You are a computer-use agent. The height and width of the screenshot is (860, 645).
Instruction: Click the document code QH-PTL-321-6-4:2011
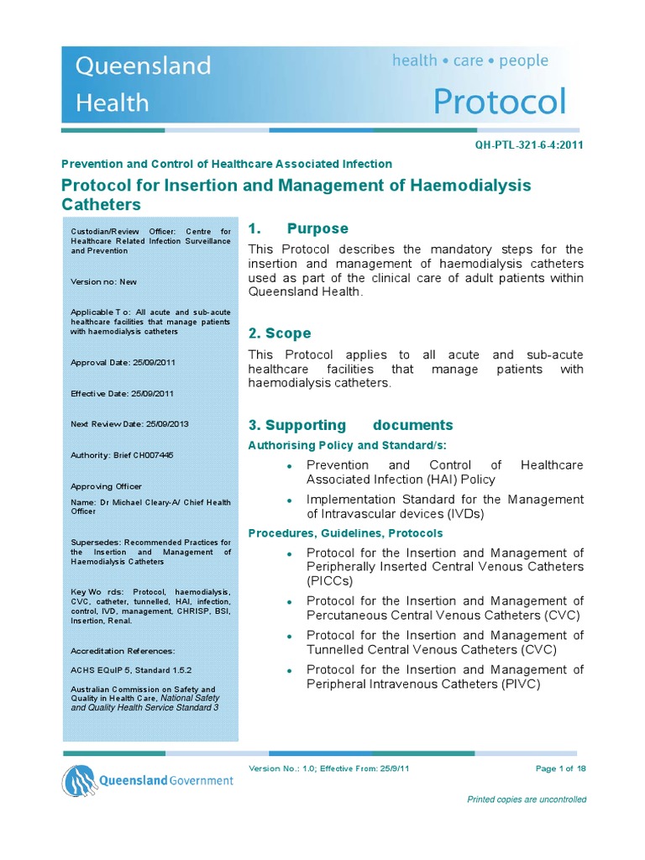click(529, 144)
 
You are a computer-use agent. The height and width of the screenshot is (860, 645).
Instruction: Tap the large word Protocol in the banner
click(500, 102)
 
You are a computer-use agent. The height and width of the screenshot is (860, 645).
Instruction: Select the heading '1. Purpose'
click(298, 228)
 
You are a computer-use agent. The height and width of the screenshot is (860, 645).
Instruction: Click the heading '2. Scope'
click(280, 333)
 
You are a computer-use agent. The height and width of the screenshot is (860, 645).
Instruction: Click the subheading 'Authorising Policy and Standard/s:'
click(348, 445)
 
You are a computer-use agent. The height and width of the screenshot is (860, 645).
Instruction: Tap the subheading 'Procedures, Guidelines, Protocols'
click(345, 533)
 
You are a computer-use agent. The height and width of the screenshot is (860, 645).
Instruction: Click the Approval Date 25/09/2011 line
click(123, 363)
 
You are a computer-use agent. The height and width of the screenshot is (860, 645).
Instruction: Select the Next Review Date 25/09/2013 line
click(129, 424)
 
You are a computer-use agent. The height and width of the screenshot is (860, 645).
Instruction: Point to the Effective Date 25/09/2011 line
click(123, 393)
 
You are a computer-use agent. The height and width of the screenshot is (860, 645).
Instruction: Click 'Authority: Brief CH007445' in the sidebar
click(122, 455)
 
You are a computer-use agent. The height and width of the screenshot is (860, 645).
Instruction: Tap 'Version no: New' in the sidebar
click(104, 282)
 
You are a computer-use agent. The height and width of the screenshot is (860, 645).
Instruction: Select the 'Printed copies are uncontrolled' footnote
click(527, 800)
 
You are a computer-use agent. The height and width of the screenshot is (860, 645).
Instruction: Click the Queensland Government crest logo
click(78, 781)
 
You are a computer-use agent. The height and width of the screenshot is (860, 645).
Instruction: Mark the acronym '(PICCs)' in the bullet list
click(330, 580)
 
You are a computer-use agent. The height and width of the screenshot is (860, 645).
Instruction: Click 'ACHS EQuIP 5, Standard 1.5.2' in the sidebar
click(131, 670)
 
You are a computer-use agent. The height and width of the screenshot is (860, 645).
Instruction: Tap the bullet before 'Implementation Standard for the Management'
click(289, 501)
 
